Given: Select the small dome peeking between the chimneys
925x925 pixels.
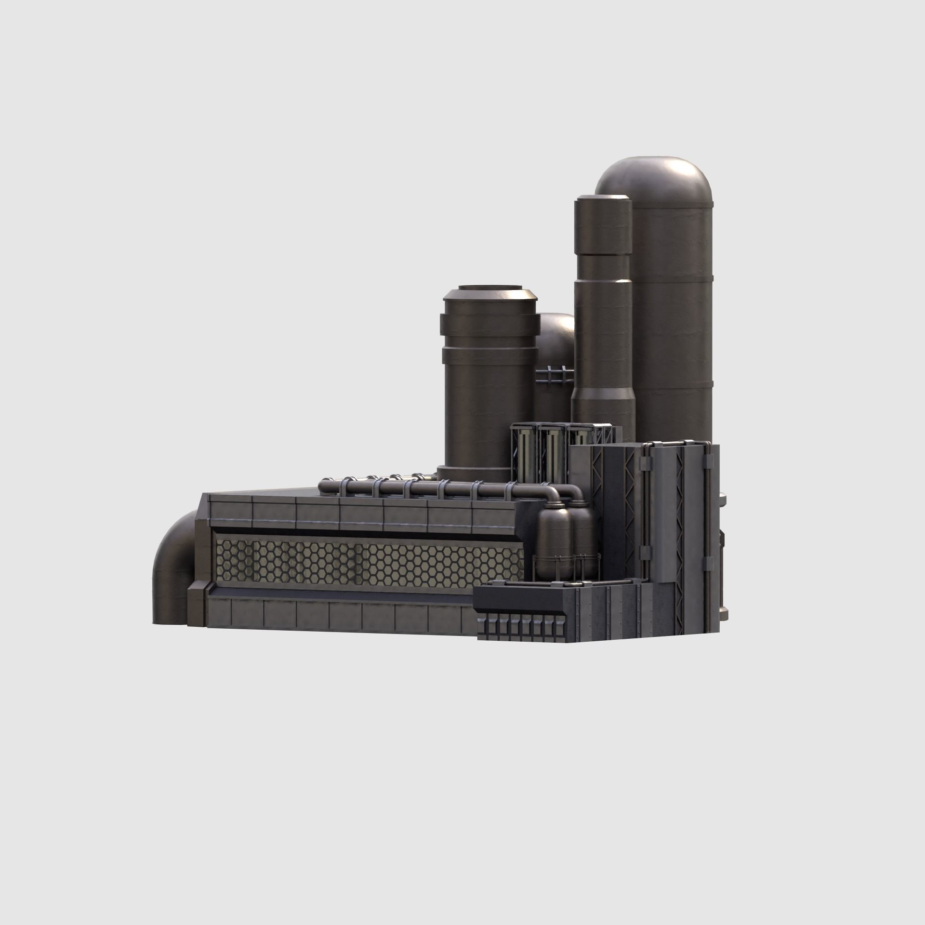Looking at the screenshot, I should point(556,332).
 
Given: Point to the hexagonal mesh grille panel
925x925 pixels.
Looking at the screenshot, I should point(366,561).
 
